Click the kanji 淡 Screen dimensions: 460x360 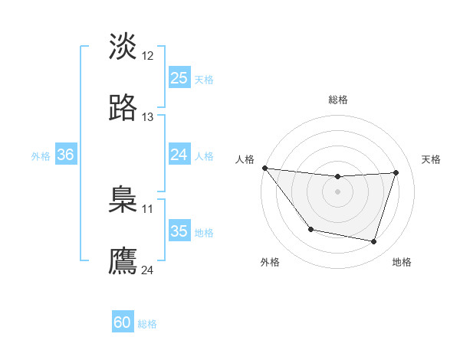pos(123,47)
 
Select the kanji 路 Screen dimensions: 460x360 pos(123,108)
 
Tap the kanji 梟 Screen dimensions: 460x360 pos(123,200)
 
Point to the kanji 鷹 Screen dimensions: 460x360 pos(123,260)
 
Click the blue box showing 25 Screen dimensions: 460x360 pos(179,77)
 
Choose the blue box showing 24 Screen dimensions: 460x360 pos(179,155)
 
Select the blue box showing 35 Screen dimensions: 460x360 pos(179,231)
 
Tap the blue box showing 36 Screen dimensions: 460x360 pos(65,155)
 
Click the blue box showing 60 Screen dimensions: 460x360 pos(123,322)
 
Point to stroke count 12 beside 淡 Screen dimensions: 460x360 pos(148,56)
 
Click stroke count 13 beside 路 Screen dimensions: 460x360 pos(148,117)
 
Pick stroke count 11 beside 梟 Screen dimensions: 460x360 pos(148,208)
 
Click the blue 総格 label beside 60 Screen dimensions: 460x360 pos(147,324)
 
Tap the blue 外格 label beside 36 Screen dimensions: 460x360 pos(41,156)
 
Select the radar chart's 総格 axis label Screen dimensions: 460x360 pos(338,100)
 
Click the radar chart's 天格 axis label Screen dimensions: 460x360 pos(432,159)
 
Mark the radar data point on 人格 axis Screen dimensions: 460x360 pos(264,168)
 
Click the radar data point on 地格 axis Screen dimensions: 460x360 pos(374,242)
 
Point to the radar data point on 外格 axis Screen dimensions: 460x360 pos(310,229)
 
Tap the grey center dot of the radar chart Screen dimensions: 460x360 pos(338,191)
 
